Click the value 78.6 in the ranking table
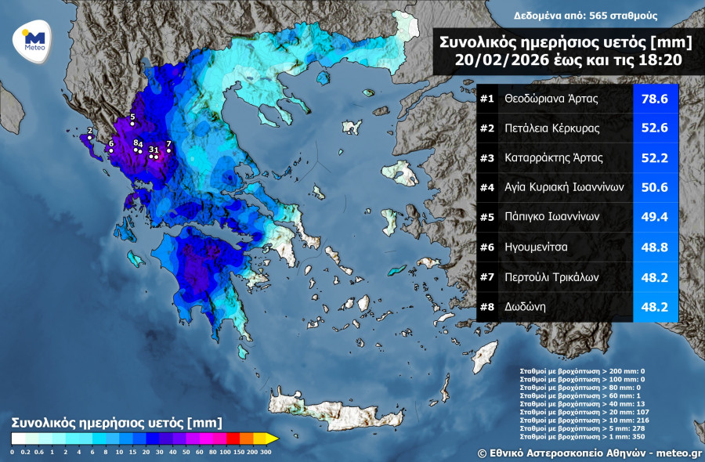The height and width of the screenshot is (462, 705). pyautogui.click(x=655, y=99)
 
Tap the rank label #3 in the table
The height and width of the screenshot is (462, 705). pyautogui.click(x=487, y=158)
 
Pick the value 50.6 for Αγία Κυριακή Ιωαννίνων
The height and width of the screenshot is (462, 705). pyautogui.click(x=655, y=188)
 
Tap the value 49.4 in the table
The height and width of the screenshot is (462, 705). pyautogui.click(x=655, y=218)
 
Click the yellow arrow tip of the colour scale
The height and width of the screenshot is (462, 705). pyautogui.click(x=272, y=438)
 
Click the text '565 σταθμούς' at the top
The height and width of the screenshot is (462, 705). pyautogui.click(x=624, y=16)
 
